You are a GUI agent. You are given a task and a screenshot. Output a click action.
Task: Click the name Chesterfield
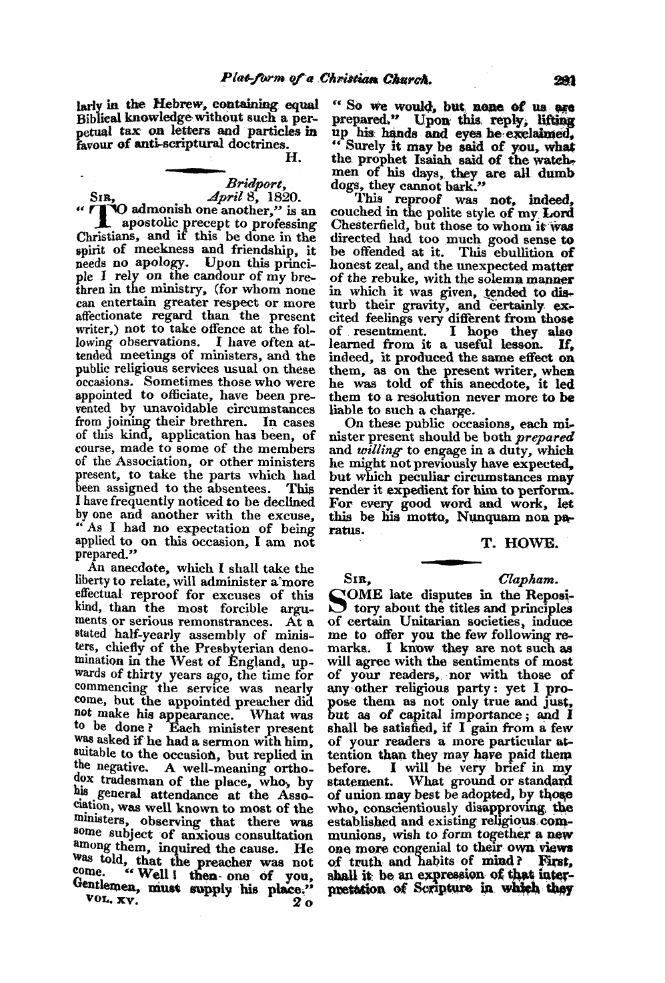pyautogui.click(x=370, y=225)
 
